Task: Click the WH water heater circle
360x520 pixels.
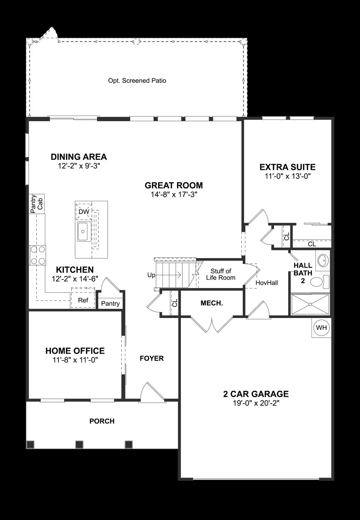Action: pos(321,327)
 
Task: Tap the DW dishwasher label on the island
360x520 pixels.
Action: pos(84,212)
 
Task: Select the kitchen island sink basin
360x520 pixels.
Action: pos(83,232)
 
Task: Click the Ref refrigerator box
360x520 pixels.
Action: pos(83,300)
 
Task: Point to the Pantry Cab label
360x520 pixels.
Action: pos(37,204)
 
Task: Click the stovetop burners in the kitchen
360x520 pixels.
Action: pos(37,255)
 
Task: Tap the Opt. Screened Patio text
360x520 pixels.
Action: pos(137,80)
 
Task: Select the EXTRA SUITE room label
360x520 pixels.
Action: pos(287,167)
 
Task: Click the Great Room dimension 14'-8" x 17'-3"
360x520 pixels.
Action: pos(174,194)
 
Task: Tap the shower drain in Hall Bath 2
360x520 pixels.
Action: pos(310,304)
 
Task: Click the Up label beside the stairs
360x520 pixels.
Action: pos(151,275)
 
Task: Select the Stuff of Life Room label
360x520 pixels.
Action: pos(221,274)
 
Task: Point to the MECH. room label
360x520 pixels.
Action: pos(211,303)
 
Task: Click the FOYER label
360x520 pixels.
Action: pos(151,358)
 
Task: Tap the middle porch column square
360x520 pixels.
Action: pos(79,444)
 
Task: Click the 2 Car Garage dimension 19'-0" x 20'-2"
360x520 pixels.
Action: pos(256,403)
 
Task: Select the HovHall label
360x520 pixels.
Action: pos(266,283)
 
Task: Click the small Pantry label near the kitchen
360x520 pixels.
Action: pos(110,303)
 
